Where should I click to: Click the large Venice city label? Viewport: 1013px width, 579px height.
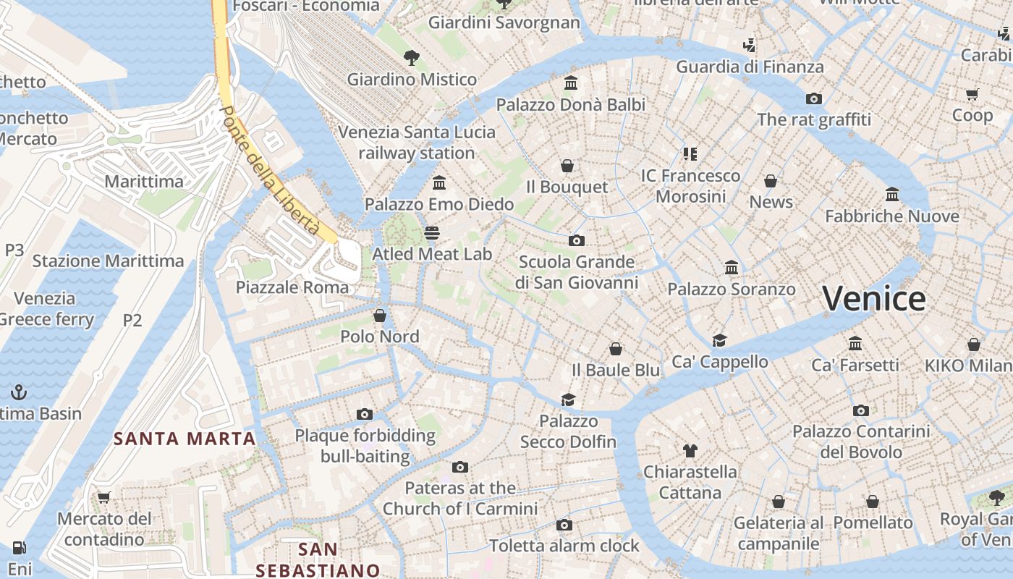[873, 299]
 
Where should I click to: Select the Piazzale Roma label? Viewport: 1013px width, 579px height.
[292, 287]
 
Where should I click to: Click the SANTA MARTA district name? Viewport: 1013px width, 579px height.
[185, 439]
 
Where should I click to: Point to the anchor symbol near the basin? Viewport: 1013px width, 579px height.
[19, 392]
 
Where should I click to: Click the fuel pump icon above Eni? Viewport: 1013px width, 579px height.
[20, 548]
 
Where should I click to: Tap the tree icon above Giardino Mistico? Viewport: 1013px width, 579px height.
[411, 57]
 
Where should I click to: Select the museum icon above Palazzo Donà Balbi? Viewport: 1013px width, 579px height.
[570, 83]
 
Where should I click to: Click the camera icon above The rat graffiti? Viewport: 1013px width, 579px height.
[814, 98]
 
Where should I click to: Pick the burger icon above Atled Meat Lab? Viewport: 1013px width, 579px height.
[432, 232]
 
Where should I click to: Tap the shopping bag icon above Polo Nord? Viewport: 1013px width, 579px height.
[380, 316]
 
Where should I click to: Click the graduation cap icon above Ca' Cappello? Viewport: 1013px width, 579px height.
[719, 340]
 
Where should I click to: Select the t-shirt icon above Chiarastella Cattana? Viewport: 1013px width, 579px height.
[690, 451]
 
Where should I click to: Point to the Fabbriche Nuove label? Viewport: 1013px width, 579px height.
[891, 216]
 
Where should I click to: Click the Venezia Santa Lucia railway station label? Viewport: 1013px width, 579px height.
[417, 143]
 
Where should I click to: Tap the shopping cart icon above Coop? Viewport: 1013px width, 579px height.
[972, 94]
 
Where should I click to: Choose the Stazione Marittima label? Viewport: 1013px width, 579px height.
[108, 261]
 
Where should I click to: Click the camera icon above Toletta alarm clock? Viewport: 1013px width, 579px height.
[564, 525]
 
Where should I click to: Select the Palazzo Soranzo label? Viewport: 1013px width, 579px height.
[731, 289]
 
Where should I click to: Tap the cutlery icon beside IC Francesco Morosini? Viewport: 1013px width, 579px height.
[690, 153]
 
